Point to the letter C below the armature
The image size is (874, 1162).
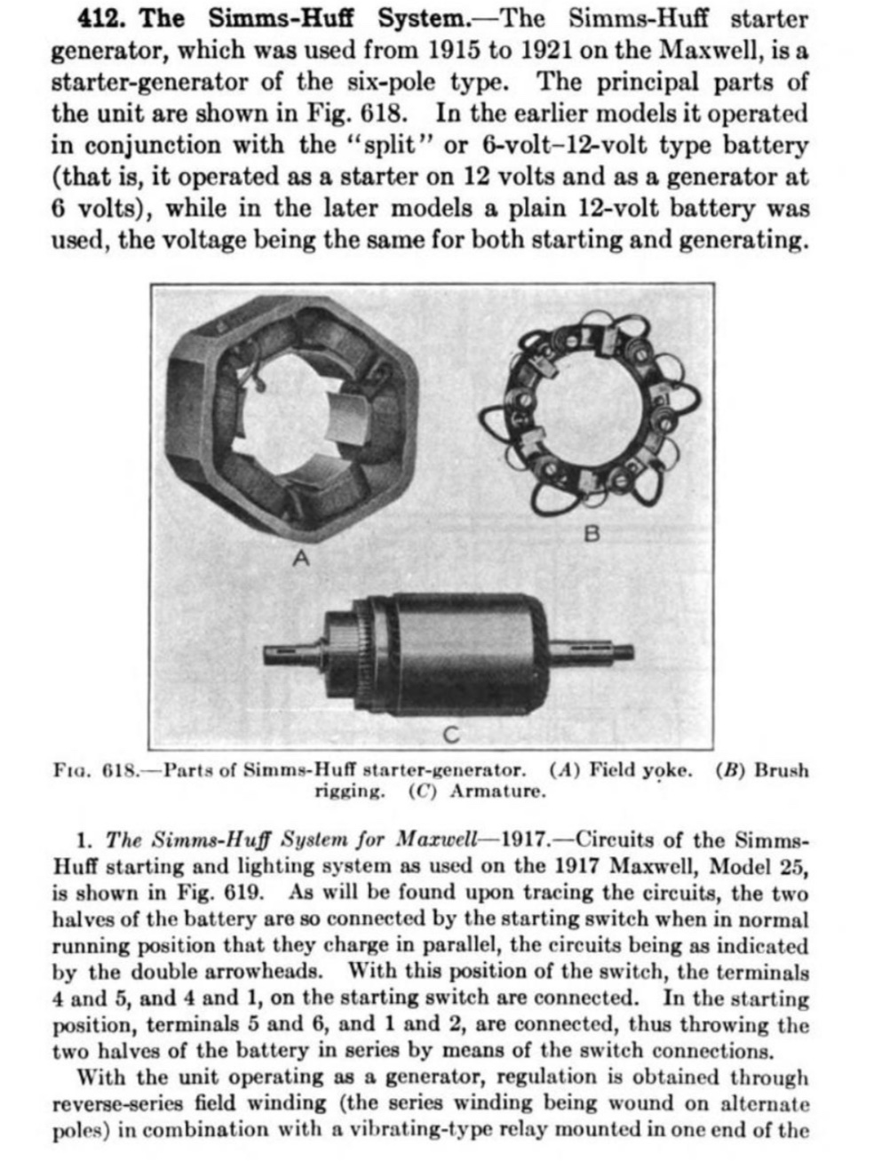coord(451,735)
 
